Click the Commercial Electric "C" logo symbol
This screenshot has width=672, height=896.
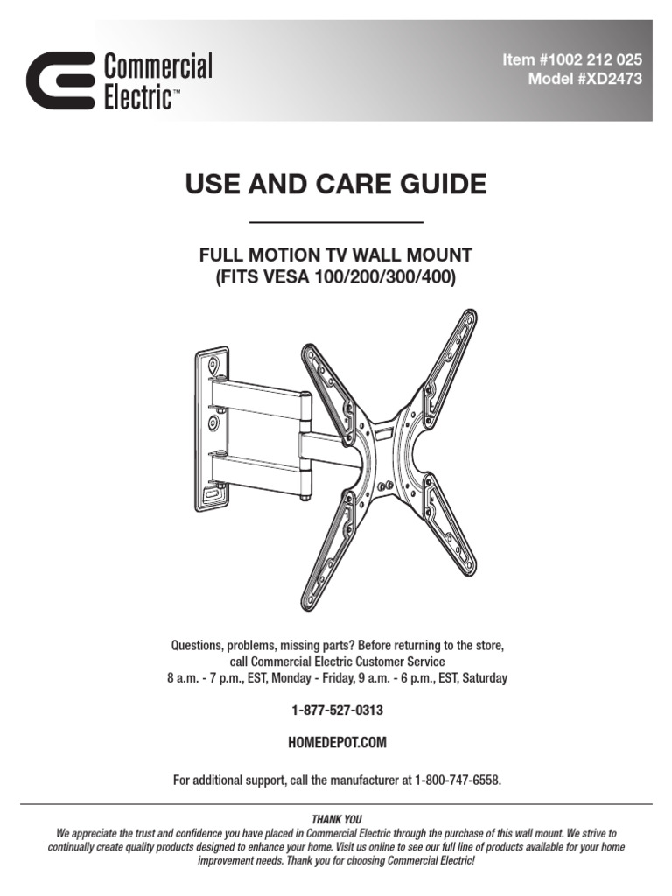pyautogui.click(x=60, y=80)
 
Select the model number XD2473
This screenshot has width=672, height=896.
pyautogui.click(x=609, y=79)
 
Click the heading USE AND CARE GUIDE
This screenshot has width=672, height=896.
pyautogui.click(x=336, y=184)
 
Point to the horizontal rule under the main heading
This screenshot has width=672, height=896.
pyautogui.click(x=336, y=222)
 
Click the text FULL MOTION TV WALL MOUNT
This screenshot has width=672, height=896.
pyautogui.click(x=336, y=255)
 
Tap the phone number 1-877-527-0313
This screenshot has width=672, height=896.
pyautogui.click(x=337, y=710)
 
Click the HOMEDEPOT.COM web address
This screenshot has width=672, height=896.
pyautogui.click(x=337, y=742)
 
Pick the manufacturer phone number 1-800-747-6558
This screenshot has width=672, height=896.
pyautogui.click(x=458, y=780)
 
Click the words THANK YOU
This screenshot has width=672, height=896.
pyautogui.click(x=337, y=819)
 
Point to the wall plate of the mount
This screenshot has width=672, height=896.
pyautogui.click(x=213, y=429)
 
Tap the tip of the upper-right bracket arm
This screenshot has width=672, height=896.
pyautogui.click(x=470, y=316)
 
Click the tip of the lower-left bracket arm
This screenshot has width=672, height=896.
pyautogui.click(x=309, y=604)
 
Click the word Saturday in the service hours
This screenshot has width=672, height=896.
pyautogui.click(x=485, y=678)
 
